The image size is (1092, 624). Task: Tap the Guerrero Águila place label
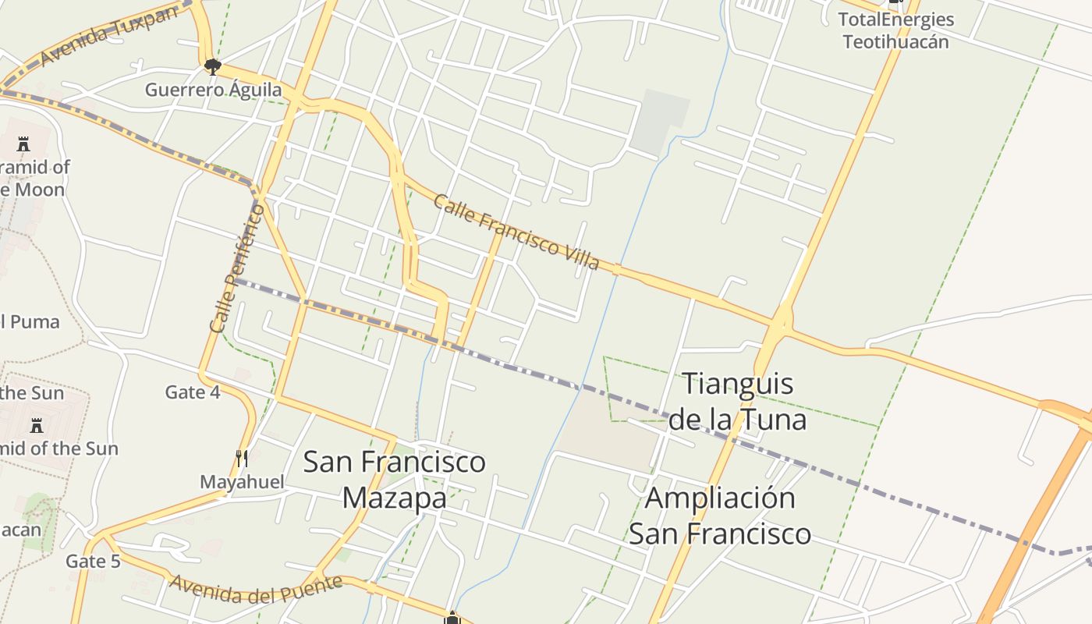coord(213,90)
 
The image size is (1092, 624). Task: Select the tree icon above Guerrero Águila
coord(212,66)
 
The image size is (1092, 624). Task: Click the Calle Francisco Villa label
coord(516,232)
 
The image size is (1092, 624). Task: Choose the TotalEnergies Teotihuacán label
coord(895,30)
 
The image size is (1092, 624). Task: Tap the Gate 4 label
coord(193,392)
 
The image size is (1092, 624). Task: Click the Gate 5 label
coord(93,561)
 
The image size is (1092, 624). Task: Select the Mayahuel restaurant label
coord(242,482)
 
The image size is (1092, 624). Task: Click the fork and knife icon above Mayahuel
coord(242,458)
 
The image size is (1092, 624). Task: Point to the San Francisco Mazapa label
coord(394,479)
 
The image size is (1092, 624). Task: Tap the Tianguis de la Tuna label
coord(737,402)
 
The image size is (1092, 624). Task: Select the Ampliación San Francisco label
coord(720,516)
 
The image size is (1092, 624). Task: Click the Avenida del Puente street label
coord(256,590)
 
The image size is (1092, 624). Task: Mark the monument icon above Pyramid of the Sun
coord(36,425)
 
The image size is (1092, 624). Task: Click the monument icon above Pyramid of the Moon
coord(23,144)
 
